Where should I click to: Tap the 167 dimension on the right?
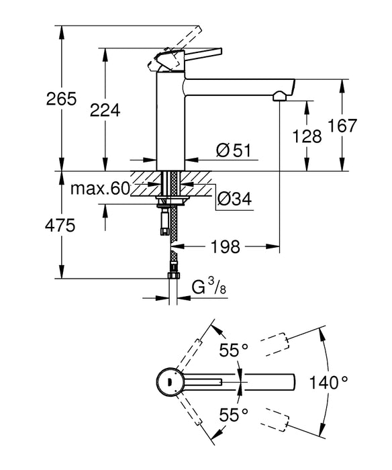[x=362, y=126]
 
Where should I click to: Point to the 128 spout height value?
[x=308, y=136]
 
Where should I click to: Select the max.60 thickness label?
[x=100, y=189]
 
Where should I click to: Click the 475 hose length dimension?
[x=32, y=226]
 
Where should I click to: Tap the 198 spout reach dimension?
[x=221, y=247]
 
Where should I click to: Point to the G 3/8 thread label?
[x=211, y=288]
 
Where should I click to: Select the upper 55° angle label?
[x=234, y=349]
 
